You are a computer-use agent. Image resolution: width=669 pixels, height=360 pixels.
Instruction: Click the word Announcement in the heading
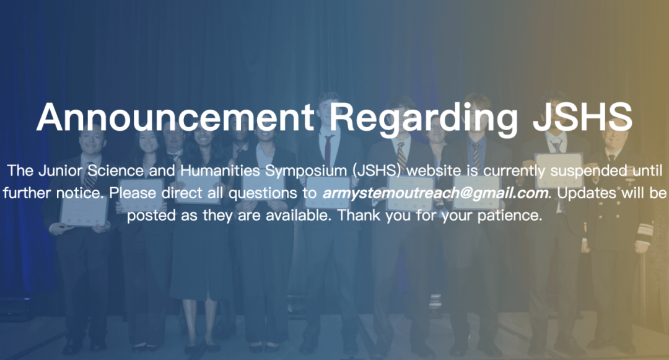pos(175,118)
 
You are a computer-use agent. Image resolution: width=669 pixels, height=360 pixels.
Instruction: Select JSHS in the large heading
pos(582,118)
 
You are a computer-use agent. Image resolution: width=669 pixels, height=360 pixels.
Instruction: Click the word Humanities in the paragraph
pos(220,170)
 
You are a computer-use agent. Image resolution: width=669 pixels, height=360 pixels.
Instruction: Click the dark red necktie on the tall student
pos(328,150)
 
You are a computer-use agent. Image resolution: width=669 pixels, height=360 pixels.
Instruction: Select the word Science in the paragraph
pos(116,170)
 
